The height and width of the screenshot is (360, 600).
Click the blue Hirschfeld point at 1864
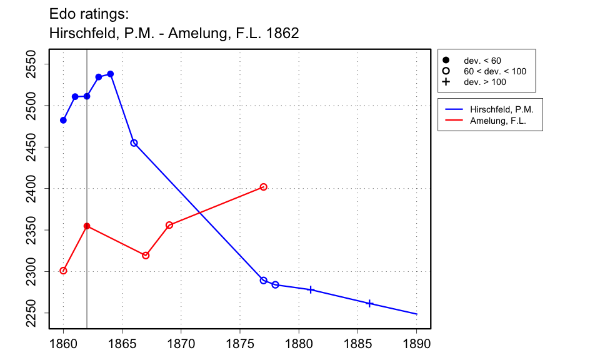point(111,74)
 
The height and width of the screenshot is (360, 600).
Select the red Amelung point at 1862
point(87,226)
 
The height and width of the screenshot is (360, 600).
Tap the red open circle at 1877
point(264,187)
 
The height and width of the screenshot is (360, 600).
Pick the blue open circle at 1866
point(134,143)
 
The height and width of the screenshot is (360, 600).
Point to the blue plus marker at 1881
point(311,289)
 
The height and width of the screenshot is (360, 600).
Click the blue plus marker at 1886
point(369,303)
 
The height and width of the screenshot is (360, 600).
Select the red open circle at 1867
point(146,255)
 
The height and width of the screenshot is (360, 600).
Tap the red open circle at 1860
point(63,271)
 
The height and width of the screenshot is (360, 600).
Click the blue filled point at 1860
point(63,120)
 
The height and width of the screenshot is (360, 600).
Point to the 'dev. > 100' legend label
point(484,82)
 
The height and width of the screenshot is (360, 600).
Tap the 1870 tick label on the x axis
point(181,344)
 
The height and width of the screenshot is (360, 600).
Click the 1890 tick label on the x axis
point(416,344)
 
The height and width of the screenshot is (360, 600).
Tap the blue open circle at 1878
point(275,285)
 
